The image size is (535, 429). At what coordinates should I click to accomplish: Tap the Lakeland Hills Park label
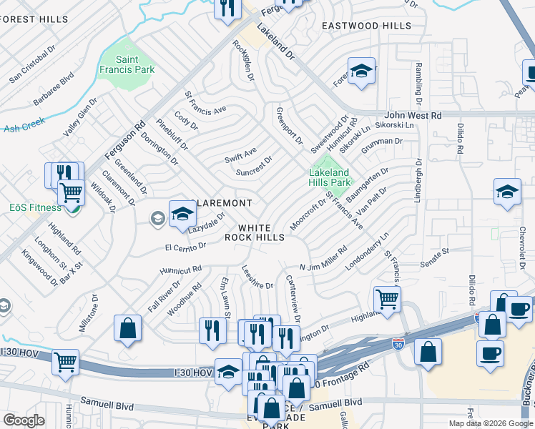pos(329,177)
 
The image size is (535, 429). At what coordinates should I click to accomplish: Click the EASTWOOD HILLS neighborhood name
pos(366,26)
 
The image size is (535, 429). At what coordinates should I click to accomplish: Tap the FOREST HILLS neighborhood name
pos(28,20)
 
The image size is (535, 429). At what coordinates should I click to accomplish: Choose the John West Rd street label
pos(413,115)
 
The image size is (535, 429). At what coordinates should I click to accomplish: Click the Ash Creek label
pos(24,129)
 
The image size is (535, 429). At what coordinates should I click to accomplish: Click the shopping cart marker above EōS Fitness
pos(71,192)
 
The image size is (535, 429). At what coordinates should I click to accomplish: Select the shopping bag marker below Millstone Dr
pos(127,328)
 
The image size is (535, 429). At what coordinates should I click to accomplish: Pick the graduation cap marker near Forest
pos(362,71)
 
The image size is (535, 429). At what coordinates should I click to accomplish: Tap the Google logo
pos(24,420)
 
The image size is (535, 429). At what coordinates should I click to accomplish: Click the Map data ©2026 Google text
pos(490,423)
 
